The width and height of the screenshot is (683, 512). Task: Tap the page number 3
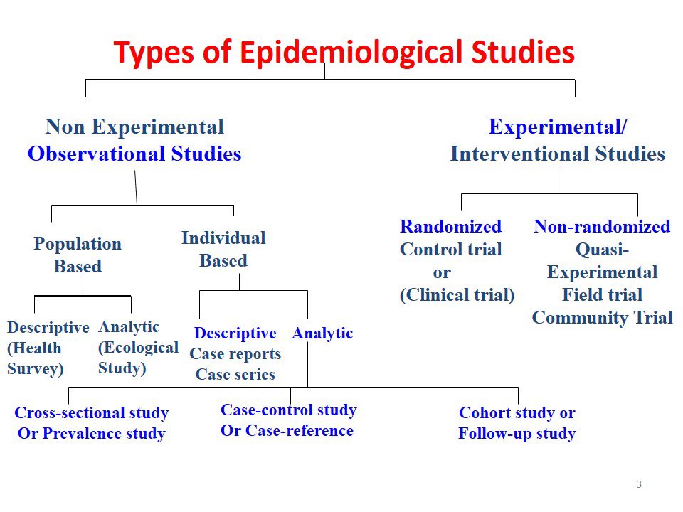[639, 485]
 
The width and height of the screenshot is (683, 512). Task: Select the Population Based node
[78, 255]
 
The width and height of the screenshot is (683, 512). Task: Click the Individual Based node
[223, 249]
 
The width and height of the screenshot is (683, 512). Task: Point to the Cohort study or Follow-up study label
[517, 423]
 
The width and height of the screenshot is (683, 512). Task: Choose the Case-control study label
[289, 410]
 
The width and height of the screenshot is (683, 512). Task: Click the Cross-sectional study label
[92, 413]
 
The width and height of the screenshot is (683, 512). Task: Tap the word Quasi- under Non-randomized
[601, 250]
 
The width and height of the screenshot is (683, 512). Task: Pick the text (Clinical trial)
[457, 295]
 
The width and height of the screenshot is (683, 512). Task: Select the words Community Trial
[602, 318]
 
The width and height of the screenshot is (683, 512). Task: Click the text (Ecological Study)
[138, 358]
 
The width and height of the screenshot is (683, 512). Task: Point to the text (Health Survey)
[35, 358]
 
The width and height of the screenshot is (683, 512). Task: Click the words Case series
[235, 375]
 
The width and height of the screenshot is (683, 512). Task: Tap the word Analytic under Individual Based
[322, 334]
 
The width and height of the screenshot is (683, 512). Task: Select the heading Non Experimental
[134, 127]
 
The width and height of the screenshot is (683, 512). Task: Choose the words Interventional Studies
[557, 154]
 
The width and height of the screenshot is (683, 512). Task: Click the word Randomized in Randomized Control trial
[450, 227]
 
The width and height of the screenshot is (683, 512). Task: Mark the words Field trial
[602, 295]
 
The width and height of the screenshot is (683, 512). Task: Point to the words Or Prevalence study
[92, 434]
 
